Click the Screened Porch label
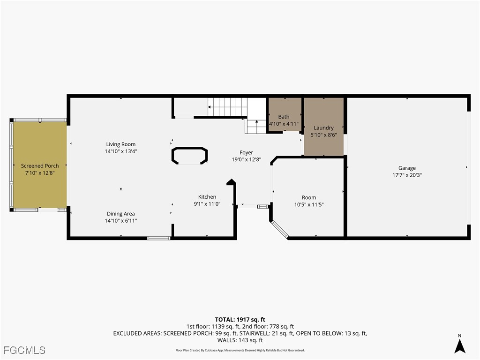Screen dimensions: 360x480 40,166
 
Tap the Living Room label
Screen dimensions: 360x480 121,144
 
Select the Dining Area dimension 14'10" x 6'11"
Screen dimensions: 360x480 121,221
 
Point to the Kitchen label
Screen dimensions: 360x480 207,197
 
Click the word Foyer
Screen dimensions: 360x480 247,152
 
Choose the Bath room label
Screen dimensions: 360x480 284,117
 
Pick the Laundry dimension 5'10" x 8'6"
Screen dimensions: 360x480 324,135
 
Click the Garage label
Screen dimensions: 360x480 407,168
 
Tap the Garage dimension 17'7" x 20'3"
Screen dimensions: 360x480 407,175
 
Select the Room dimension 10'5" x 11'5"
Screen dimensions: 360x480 309,204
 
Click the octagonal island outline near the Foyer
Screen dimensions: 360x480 190,156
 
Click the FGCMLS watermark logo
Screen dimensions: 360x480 25,350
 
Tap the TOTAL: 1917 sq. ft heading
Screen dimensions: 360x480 240,320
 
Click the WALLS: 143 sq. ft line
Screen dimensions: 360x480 240,340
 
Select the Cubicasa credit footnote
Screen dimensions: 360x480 240,350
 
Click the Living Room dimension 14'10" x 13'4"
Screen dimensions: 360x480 121,151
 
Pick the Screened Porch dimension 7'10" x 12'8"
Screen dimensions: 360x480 40,173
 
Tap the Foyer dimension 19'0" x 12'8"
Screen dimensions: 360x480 247,159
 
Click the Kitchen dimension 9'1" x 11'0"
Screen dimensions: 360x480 207,204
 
